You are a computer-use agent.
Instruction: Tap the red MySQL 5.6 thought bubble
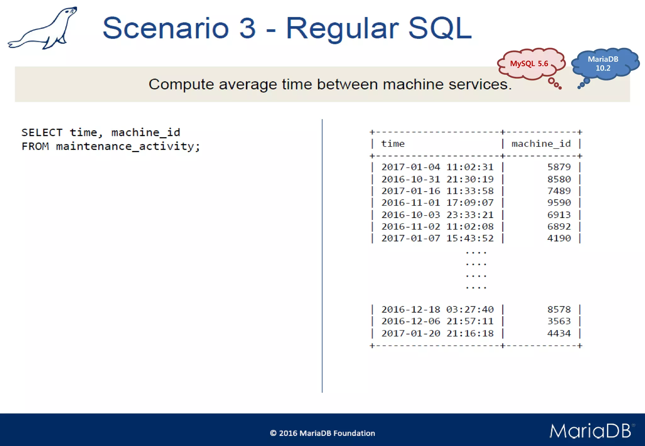click(530, 64)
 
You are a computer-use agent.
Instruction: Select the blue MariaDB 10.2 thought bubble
click(603, 64)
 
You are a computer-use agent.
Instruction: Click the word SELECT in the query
click(42, 132)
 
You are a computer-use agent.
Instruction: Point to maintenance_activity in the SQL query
click(128, 147)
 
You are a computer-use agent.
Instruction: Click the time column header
click(393, 144)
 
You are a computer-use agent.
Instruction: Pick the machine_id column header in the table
click(541, 144)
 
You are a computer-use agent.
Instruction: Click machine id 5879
click(559, 167)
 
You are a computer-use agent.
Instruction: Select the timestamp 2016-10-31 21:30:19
click(437, 179)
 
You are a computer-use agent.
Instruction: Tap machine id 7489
click(559, 191)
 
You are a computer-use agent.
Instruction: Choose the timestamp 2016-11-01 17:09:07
click(437, 203)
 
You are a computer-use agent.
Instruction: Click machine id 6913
click(559, 215)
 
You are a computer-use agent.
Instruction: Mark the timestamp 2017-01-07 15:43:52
click(437, 238)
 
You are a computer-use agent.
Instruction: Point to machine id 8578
click(559, 309)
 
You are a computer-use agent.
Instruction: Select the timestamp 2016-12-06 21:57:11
click(437, 321)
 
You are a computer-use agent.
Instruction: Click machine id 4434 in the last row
click(559, 333)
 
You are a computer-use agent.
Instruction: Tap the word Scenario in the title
click(165, 28)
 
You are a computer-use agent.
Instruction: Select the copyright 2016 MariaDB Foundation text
click(322, 433)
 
